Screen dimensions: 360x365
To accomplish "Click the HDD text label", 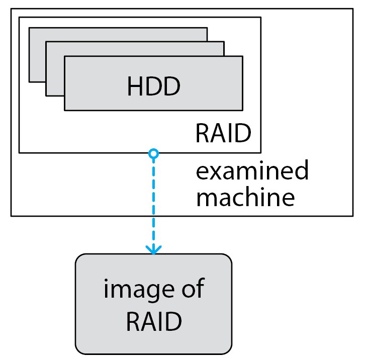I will [153, 86].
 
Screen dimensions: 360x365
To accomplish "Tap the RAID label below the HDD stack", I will [223, 134].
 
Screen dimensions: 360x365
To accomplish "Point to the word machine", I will [245, 197].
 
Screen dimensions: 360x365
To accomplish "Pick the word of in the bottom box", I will [193, 290].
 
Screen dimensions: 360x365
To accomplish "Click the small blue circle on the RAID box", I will [154, 152].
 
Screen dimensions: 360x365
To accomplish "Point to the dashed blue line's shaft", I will [154, 201].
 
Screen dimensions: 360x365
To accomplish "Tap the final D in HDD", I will [171, 86].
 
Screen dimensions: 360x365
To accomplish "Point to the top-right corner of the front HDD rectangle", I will [242, 56].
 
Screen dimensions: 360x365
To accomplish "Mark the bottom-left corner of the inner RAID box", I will [19, 152].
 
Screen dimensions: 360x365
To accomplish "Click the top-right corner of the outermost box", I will [353, 9].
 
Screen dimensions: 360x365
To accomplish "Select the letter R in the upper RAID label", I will [202, 134].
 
